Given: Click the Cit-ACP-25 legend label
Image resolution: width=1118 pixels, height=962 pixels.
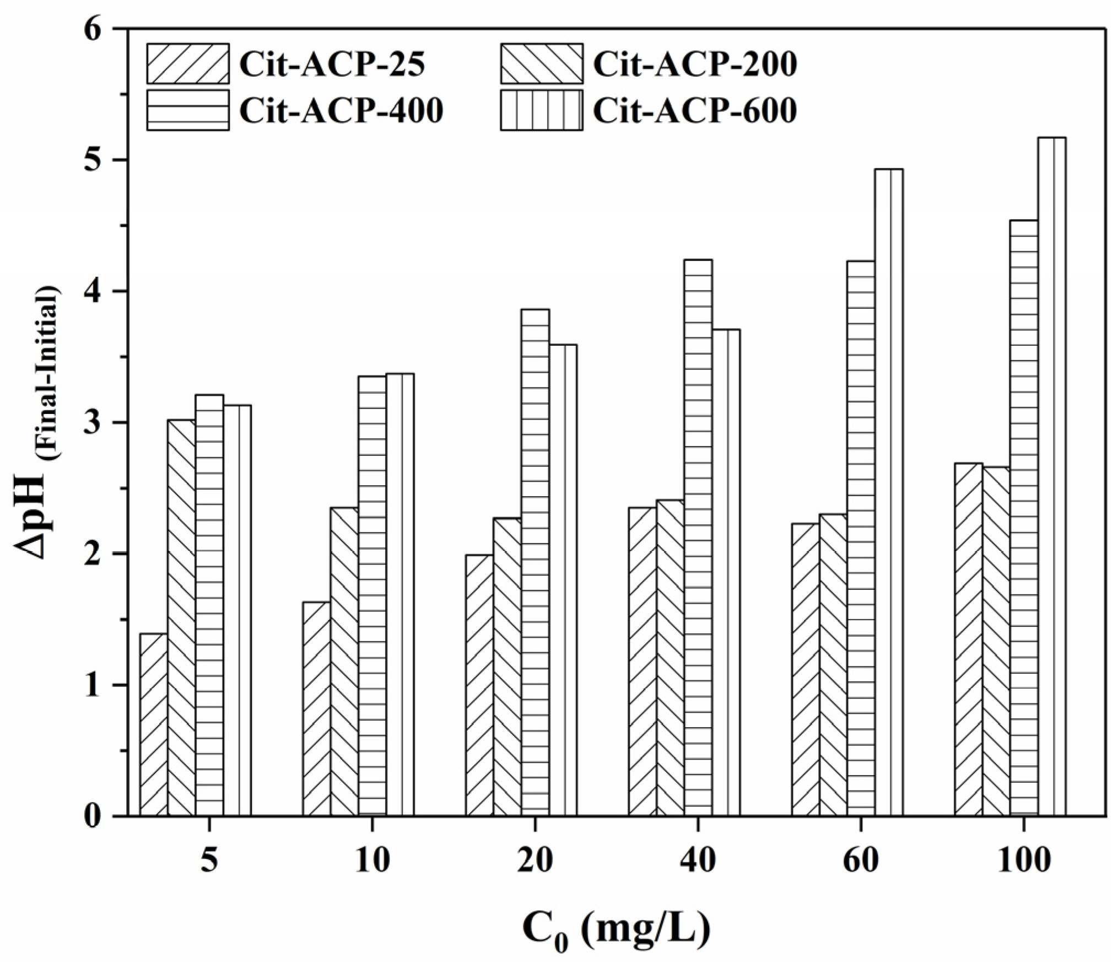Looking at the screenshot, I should (x=332, y=65).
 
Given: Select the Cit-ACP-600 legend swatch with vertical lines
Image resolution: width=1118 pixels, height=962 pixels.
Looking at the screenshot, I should (x=541, y=111).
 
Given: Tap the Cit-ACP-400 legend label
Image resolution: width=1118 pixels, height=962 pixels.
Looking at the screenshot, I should (x=341, y=111).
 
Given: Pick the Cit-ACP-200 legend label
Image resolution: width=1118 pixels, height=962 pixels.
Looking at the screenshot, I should (x=694, y=65).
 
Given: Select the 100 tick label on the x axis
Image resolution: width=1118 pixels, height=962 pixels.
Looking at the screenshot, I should (x=1023, y=861).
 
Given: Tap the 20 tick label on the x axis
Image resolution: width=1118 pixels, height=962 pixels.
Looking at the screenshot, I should (x=534, y=861).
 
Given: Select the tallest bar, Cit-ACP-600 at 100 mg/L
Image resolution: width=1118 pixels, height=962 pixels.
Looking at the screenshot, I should (x=1051, y=476).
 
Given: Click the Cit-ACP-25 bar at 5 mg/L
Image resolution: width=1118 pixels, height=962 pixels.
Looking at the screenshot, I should (x=154, y=724).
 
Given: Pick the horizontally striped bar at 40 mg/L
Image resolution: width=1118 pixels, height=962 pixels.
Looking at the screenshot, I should (x=698, y=538).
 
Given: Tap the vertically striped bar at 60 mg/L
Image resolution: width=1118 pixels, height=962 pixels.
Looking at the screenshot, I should (x=888, y=492).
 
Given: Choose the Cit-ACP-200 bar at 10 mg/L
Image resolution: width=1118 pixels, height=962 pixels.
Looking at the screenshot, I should (x=344, y=662).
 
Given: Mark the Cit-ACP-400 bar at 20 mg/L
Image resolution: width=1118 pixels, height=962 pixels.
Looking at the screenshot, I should (x=534, y=562).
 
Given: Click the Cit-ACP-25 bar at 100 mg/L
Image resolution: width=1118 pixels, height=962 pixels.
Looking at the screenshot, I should (x=968, y=639).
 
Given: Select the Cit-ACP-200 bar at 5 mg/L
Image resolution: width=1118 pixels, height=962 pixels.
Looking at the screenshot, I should (x=181, y=617).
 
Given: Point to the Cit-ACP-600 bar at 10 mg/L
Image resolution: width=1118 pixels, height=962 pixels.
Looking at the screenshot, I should (x=399, y=595).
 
